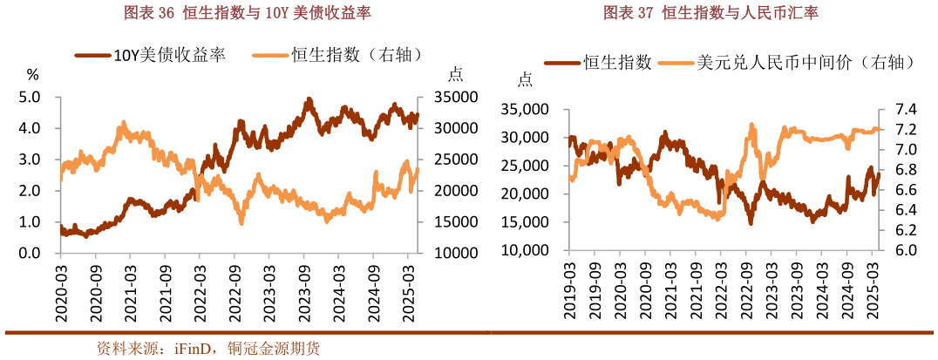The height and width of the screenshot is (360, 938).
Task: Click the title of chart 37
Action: (710, 13)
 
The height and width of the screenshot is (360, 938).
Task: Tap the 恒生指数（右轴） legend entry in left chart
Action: (339, 55)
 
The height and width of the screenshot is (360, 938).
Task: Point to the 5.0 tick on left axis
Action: (30, 97)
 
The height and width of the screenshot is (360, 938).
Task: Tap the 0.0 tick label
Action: (30, 254)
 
